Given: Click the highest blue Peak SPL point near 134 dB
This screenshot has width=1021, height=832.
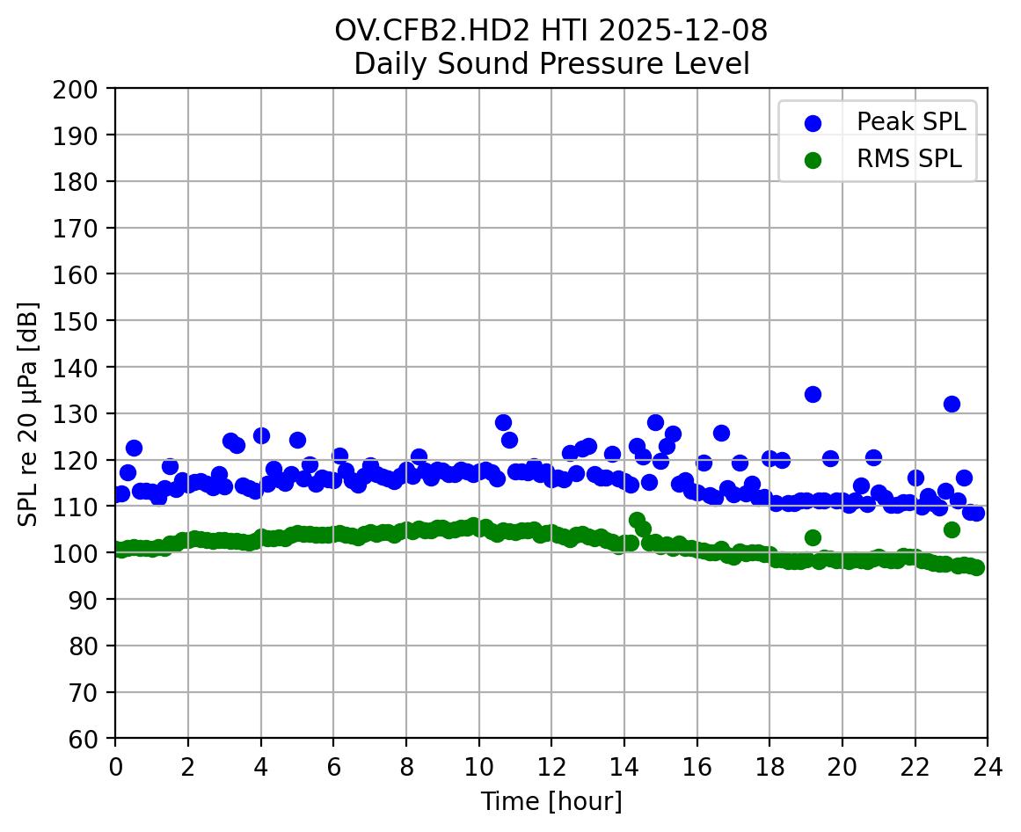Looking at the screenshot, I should coord(813,394).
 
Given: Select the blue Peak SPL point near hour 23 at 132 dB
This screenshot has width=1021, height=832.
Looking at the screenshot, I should coord(952,404).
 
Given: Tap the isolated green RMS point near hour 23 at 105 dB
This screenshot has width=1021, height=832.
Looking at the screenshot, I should coord(952,529).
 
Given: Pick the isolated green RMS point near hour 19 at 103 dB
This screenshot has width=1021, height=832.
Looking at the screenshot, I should coord(813,537).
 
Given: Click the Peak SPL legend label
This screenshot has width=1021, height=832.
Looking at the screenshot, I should coord(911,122).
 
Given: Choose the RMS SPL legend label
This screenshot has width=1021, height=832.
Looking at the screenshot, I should coord(909,159).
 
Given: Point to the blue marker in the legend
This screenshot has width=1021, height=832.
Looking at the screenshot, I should coord(813,123).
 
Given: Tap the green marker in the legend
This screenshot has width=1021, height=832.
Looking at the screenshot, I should coord(813,160).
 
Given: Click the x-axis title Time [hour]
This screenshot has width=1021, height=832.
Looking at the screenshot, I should coord(551,802).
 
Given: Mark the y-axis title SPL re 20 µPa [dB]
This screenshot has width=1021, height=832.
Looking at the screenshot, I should coord(28,413).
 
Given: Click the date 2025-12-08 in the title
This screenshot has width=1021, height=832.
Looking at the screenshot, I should coord(684,31).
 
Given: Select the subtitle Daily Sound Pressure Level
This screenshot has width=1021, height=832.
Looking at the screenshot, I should coord(551,64).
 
